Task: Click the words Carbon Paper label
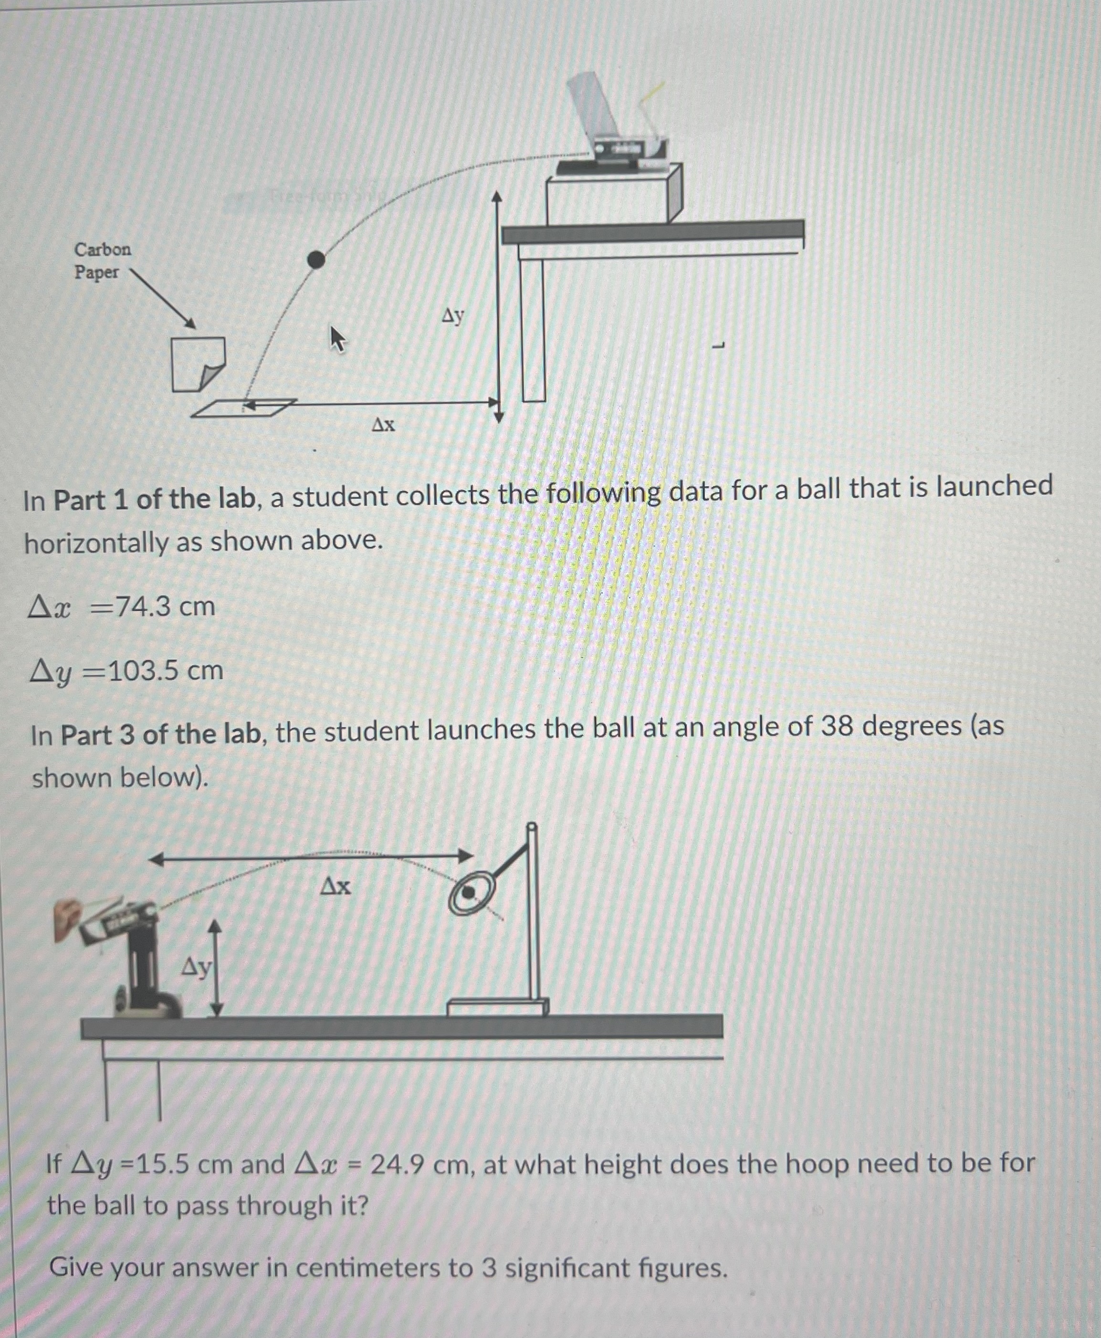102,260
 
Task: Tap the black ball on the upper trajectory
316,260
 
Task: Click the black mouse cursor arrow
337,339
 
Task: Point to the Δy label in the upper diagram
453,314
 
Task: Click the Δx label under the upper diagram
383,424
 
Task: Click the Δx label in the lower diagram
336,886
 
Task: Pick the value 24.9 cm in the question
419,1164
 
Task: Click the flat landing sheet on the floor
243,408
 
